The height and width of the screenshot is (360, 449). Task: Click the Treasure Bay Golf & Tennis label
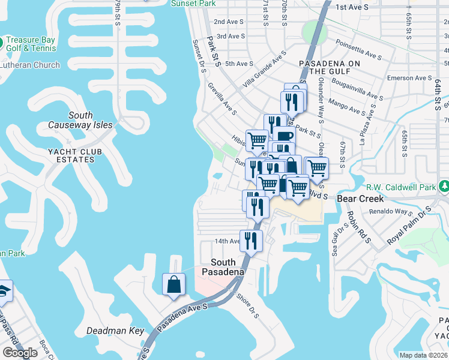coord(31,44)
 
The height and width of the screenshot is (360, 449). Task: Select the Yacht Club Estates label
coord(71,155)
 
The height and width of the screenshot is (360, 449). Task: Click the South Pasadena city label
coord(228,267)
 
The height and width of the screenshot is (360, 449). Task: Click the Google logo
coord(20,353)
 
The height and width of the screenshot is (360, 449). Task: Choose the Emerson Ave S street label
coord(410,78)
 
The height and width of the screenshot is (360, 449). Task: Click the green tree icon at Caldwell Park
coord(444,187)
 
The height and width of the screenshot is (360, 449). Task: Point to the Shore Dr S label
coord(247,305)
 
